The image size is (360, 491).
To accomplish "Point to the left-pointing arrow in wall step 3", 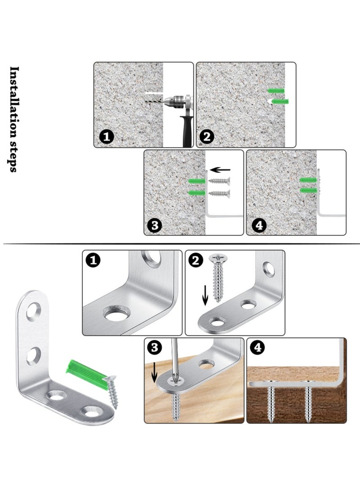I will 220,170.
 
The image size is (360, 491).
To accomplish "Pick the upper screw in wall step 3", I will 219,181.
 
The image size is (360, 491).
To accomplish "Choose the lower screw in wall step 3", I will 219,194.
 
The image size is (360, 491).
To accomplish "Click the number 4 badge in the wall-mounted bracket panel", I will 257,225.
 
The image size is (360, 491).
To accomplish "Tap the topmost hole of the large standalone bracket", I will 33,311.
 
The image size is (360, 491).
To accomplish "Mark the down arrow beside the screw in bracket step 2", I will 205,295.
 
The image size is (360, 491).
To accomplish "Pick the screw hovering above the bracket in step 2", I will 219,277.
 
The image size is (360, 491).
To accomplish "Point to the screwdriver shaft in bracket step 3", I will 176,360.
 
